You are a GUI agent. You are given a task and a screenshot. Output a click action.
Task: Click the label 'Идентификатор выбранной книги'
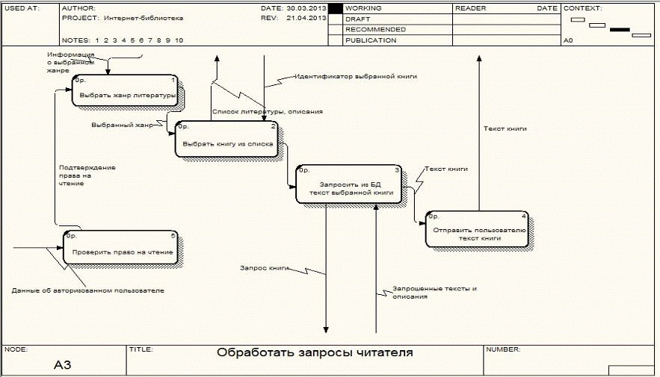[x=355, y=76]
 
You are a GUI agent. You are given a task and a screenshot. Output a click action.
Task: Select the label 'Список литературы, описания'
[x=267, y=111]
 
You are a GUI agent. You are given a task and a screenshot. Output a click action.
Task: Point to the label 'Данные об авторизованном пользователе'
[x=88, y=290]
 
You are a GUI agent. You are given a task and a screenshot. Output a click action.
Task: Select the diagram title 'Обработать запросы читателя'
[x=314, y=353]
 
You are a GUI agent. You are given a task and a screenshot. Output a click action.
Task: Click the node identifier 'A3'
[x=63, y=366]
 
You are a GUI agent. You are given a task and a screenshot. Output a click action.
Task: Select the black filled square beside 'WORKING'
[x=336, y=8]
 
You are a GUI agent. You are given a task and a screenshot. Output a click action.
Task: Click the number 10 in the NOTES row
[x=179, y=40]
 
